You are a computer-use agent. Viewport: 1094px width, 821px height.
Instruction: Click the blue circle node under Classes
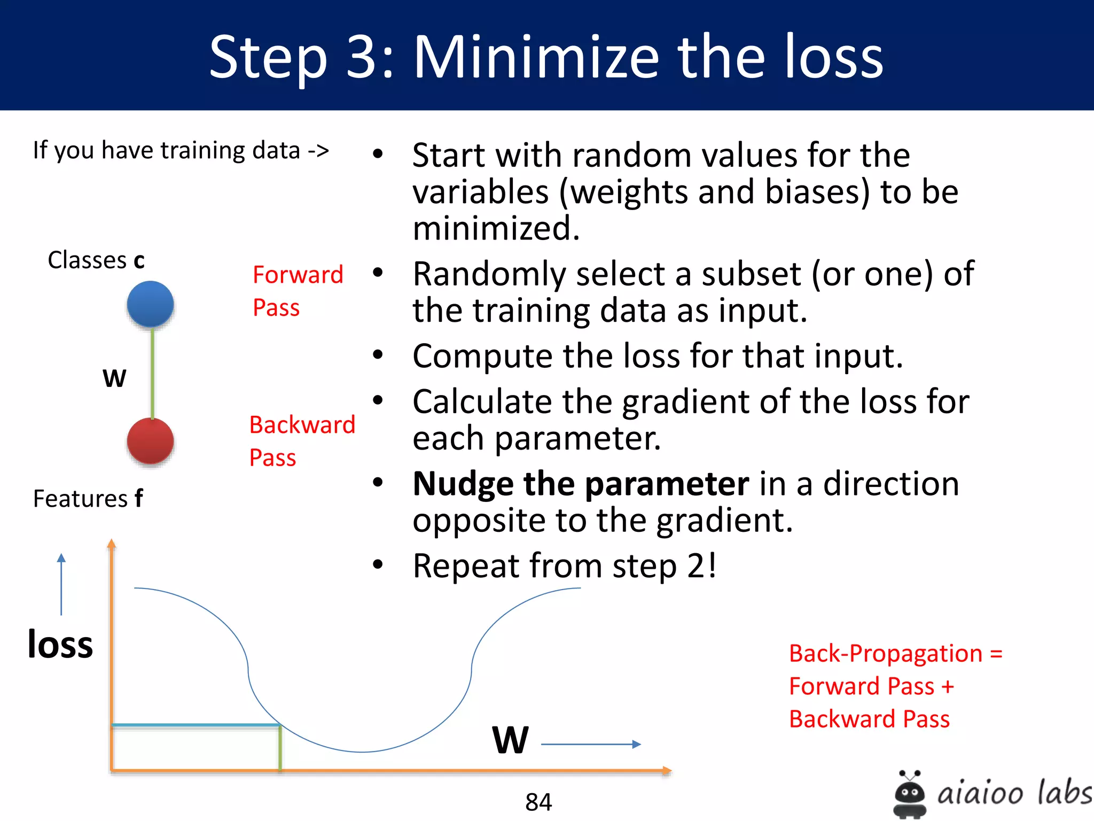pyautogui.click(x=150, y=304)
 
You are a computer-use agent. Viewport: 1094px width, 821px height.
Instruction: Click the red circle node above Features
pyautogui.click(x=150, y=441)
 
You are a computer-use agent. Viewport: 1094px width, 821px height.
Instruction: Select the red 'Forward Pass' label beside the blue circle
pyautogui.click(x=297, y=291)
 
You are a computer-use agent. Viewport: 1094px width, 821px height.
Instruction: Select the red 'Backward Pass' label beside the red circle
pyautogui.click(x=302, y=441)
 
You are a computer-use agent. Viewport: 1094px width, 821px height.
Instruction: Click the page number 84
pyautogui.click(x=538, y=802)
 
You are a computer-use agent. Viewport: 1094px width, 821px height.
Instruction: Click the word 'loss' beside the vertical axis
pyautogui.click(x=60, y=644)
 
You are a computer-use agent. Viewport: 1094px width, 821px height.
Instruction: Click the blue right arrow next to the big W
pyautogui.click(x=591, y=744)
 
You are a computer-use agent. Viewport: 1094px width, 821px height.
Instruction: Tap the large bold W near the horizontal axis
pyautogui.click(x=510, y=740)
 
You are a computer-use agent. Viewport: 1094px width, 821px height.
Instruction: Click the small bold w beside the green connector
pyautogui.click(x=114, y=378)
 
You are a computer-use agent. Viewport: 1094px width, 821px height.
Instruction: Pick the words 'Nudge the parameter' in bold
pyautogui.click(x=581, y=484)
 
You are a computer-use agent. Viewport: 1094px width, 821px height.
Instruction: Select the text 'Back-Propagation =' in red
pyautogui.click(x=895, y=653)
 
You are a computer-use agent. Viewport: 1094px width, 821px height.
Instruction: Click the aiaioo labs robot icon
pyautogui.click(x=910, y=794)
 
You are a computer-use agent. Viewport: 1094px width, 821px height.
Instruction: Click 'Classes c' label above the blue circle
pyautogui.click(x=96, y=260)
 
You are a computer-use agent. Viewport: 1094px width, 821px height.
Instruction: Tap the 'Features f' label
pyautogui.click(x=88, y=498)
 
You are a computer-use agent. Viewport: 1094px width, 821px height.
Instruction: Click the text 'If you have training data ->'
pyautogui.click(x=181, y=150)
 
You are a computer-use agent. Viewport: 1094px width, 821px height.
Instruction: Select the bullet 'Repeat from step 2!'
pyautogui.click(x=564, y=566)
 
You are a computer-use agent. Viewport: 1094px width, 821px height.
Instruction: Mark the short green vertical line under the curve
pyautogui.click(x=280, y=748)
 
